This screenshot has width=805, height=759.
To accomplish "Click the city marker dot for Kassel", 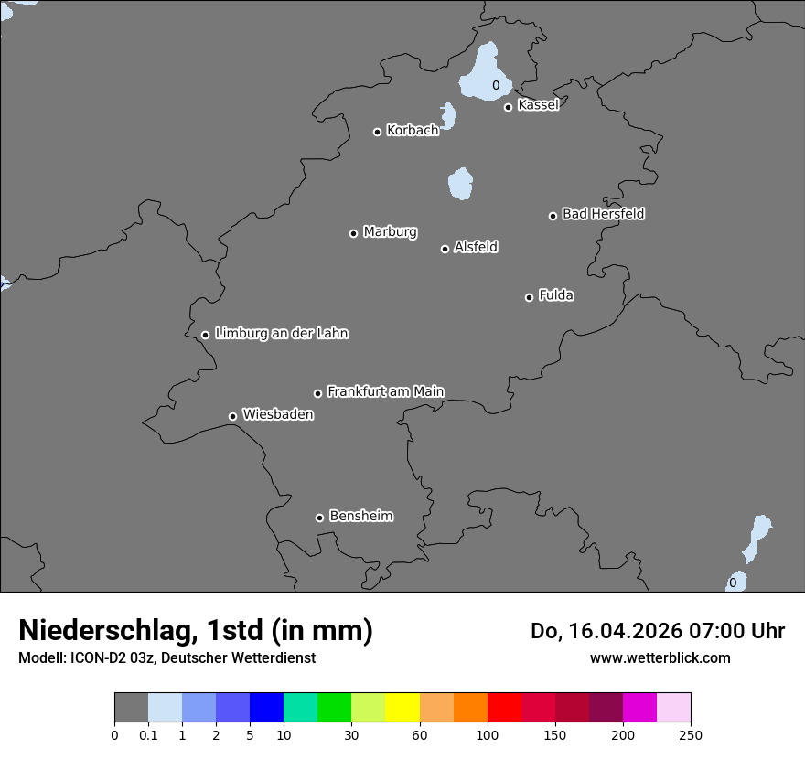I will pos(508,107).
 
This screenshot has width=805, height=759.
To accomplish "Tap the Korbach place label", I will pos(413,131).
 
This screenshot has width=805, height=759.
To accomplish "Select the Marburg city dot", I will pos(353,233).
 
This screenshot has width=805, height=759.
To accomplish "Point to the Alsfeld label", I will pos(476,247).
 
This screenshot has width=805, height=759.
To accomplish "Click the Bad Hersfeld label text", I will pos(603,214).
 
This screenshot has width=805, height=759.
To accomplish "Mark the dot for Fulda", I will pos(529,297).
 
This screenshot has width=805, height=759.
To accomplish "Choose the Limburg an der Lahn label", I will pos(282,334).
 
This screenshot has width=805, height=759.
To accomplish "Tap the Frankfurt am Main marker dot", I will pos(318,393).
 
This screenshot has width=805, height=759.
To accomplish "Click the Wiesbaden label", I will pos(278,415).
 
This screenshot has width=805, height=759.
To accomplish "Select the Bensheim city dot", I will pos(319,518).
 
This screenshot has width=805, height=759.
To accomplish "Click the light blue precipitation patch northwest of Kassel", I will pos(486,73).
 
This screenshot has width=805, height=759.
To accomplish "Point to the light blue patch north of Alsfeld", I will pos(460,184).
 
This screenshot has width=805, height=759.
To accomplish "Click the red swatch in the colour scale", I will pos(504,708).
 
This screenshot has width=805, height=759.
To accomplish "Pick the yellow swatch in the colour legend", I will pos(402,708).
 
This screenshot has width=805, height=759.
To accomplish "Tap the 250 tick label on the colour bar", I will pos(691,734).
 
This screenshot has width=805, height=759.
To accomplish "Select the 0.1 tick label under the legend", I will pos(148,734).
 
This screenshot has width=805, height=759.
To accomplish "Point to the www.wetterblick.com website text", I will pos(660,657).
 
